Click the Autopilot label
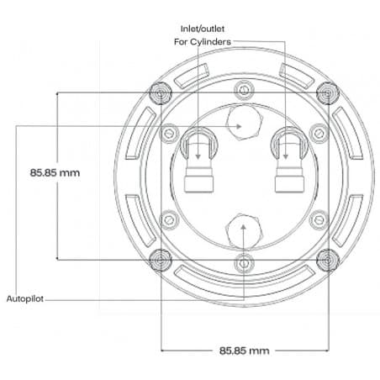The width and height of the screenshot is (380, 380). pos(25,298)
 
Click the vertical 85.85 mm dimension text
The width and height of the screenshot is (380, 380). pos(55,172)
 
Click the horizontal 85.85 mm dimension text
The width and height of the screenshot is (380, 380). pos(244,351)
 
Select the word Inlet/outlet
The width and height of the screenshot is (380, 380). pos(203,29)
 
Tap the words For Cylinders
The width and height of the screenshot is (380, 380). pos(203,42)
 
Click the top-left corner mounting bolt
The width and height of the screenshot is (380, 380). pos(160,92)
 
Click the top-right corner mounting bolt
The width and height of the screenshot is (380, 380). pos(328,92)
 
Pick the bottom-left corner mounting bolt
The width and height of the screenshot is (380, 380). pos(160,261)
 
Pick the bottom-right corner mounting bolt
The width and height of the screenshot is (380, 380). pos(328,261)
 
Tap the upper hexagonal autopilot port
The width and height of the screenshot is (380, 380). pos(245,123)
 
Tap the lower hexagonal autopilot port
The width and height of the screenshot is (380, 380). pos(244,231)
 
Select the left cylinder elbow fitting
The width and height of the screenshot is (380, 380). pos(198,160)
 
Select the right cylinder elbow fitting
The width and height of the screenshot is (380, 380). pos(289,160)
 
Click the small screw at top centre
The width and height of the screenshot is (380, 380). pos(244,90)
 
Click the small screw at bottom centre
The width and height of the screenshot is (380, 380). pos(244,263)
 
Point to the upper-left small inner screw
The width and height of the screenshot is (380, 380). pos(169,134)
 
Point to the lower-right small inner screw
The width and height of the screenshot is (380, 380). pos(319,220)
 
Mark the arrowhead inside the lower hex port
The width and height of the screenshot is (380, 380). pos(244,227)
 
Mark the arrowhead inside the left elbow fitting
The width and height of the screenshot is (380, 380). pos(198,156)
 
